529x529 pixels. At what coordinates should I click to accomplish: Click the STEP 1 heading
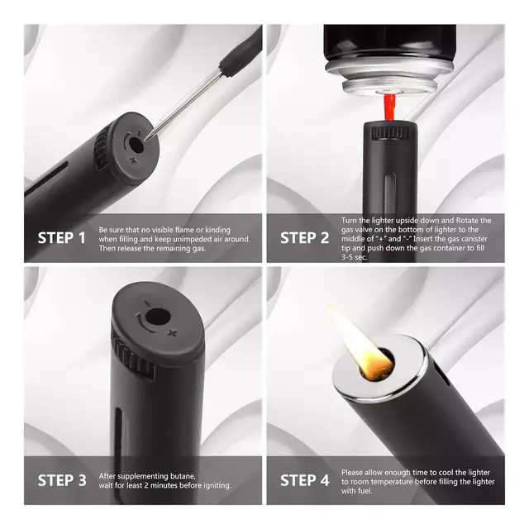62,238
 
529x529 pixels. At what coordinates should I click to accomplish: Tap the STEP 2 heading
305,238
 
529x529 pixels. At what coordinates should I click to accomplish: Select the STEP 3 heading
62,480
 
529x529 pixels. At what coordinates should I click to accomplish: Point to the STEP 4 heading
305,480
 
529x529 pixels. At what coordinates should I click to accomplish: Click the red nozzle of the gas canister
389,107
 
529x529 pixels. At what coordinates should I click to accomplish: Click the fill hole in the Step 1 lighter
136,144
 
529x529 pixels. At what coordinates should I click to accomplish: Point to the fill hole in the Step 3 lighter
157,317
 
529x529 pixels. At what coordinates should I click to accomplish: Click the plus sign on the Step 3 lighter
173,333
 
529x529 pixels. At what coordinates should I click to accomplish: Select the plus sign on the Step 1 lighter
134,160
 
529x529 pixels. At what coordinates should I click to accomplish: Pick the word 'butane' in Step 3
183,476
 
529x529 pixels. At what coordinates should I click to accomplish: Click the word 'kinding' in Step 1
217,230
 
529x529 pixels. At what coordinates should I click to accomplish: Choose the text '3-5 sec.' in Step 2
355,257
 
